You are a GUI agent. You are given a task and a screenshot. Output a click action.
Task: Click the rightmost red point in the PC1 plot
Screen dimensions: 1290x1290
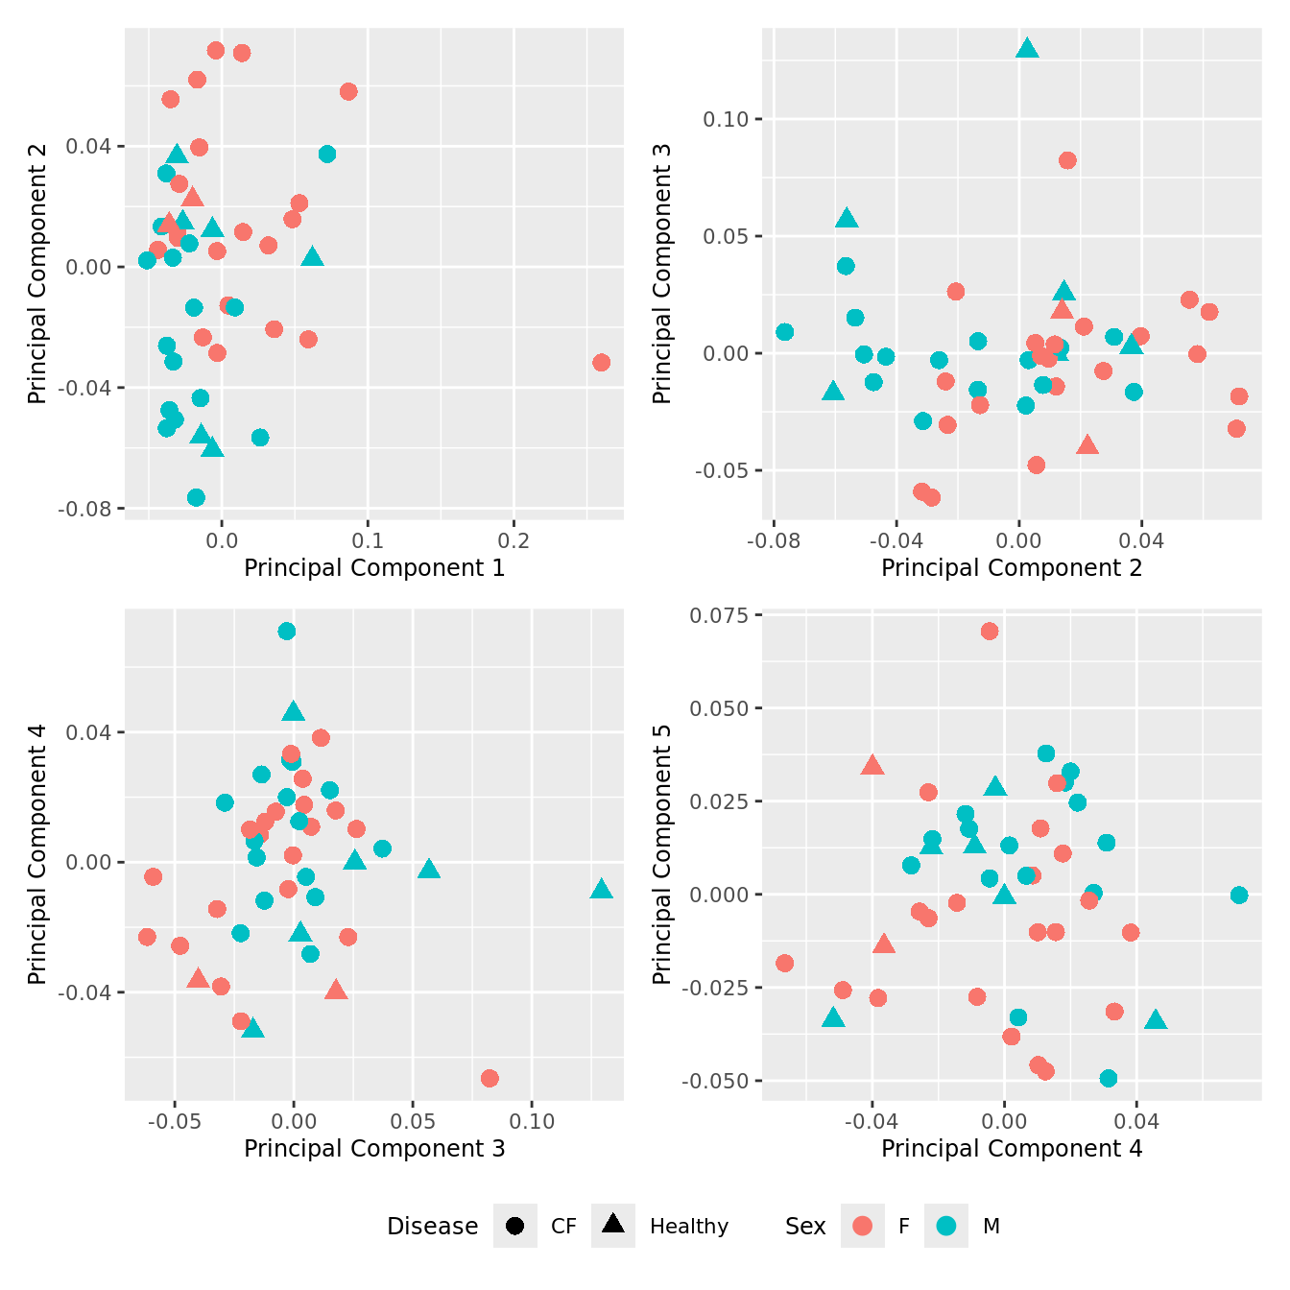point(601,362)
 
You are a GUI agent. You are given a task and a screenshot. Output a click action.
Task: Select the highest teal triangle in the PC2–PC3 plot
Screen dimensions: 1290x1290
point(1027,48)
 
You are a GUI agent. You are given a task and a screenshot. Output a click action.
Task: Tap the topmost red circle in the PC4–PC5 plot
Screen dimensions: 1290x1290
point(990,631)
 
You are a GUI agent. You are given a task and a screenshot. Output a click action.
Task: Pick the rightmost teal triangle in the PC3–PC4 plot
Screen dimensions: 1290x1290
point(601,889)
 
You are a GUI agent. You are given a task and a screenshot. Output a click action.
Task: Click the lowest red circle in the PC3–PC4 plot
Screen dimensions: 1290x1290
point(490,1078)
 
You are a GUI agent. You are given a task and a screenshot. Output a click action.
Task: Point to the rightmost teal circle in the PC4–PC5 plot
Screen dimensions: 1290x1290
point(1239,895)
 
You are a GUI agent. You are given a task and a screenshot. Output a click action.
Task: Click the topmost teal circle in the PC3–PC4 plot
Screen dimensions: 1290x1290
point(286,631)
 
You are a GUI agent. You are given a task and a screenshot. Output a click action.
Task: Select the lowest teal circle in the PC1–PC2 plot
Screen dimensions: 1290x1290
point(196,497)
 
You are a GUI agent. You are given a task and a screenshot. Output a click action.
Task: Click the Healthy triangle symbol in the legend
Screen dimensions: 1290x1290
point(613,1224)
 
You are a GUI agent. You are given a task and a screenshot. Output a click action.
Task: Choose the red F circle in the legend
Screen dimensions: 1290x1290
point(863,1226)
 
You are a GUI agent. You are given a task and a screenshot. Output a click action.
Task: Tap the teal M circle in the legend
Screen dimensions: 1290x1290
point(946,1226)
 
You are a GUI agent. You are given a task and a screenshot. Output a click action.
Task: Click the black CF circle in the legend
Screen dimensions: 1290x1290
point(515,1226)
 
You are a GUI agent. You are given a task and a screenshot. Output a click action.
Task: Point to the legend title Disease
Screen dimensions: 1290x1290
point(432,1226)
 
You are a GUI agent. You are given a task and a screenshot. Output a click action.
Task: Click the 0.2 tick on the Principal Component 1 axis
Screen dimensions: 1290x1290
point(514,540)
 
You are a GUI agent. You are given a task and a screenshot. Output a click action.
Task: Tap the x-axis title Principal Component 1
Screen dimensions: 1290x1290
point(374,568)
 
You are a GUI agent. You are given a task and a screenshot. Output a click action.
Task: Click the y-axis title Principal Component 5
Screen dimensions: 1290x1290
point(662,853)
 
